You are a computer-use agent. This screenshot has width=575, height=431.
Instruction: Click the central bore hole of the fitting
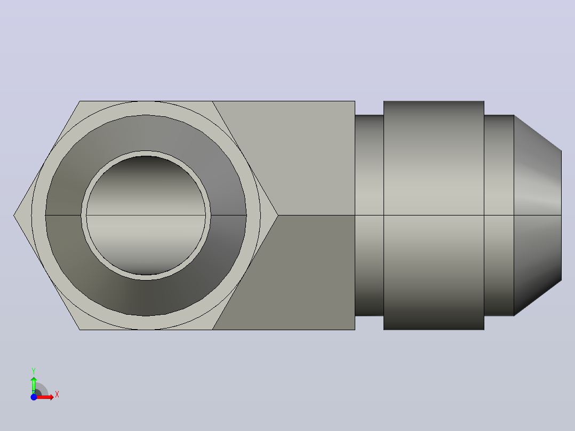click(146, 215)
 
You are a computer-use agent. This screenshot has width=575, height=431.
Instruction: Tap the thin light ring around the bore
click(146, 153)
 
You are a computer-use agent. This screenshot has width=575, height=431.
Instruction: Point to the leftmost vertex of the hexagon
click(13, 215)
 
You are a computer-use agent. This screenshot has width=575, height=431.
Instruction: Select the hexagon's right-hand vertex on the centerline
click(278, 215)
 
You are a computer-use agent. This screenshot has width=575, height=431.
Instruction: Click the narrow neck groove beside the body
click(369, 215)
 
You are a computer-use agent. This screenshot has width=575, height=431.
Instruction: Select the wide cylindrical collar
click(434, 215)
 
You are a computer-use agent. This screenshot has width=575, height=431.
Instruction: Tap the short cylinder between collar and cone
click(499, 215)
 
